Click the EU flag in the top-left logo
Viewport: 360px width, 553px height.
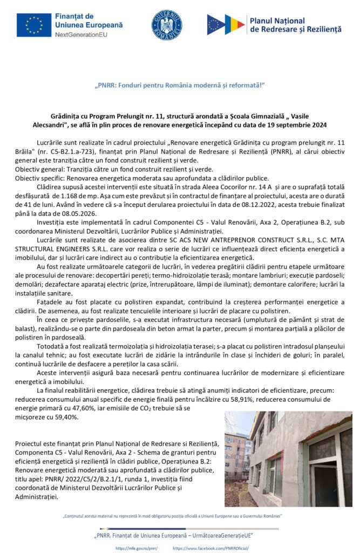[x=33, y=25]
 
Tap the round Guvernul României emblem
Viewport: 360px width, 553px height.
[x=167, y=25]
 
